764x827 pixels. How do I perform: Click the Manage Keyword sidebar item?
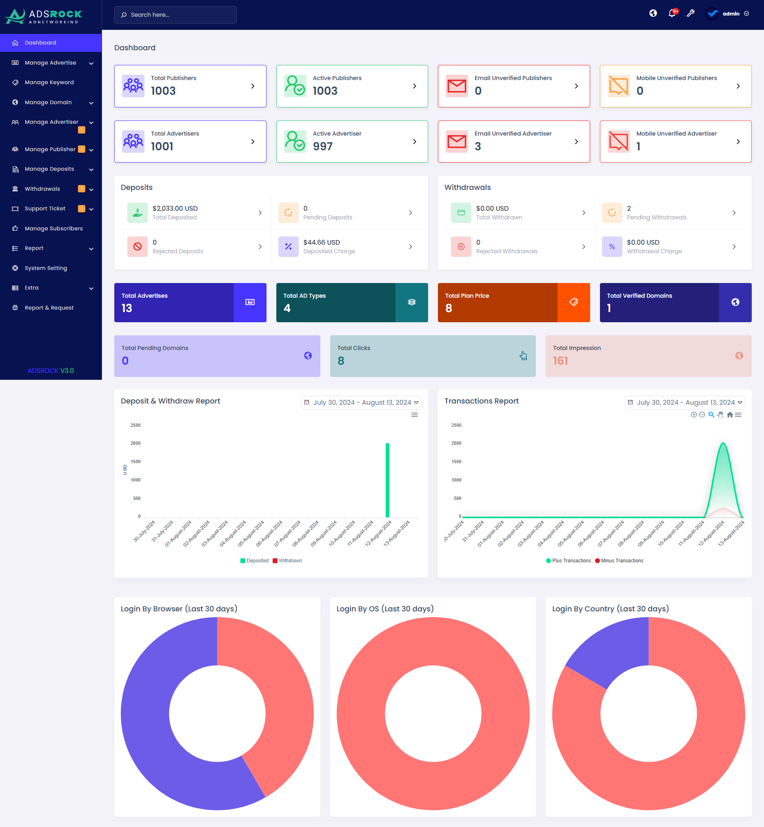click(x=49, y=82)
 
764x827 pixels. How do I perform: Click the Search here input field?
click(x=175, y=15)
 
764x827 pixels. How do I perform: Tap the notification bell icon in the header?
click(x=672, y=13)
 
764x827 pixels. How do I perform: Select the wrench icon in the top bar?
click(x=691, y=13)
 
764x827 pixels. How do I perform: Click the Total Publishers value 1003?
click(x=163, y=91)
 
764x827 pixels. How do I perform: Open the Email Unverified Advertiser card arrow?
click(x=576, y=142)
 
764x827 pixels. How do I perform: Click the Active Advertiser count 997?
click(x=322, y=147)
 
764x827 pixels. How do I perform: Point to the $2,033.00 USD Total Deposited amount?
click(x=175, y=209)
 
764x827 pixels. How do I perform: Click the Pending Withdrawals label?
click(x=656, y=218)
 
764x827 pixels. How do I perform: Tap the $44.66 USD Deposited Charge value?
click(x=321, y=243)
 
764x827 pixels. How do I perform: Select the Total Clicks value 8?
click(x=341, y=361)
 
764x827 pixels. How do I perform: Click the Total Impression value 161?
click(x=560, y=361)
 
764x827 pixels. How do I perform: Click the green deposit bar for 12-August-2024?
click(x=387, y=480)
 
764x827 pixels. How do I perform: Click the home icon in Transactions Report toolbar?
click(x=730, y=415)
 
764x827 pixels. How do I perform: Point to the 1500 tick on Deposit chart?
click(x=135, y=462)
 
